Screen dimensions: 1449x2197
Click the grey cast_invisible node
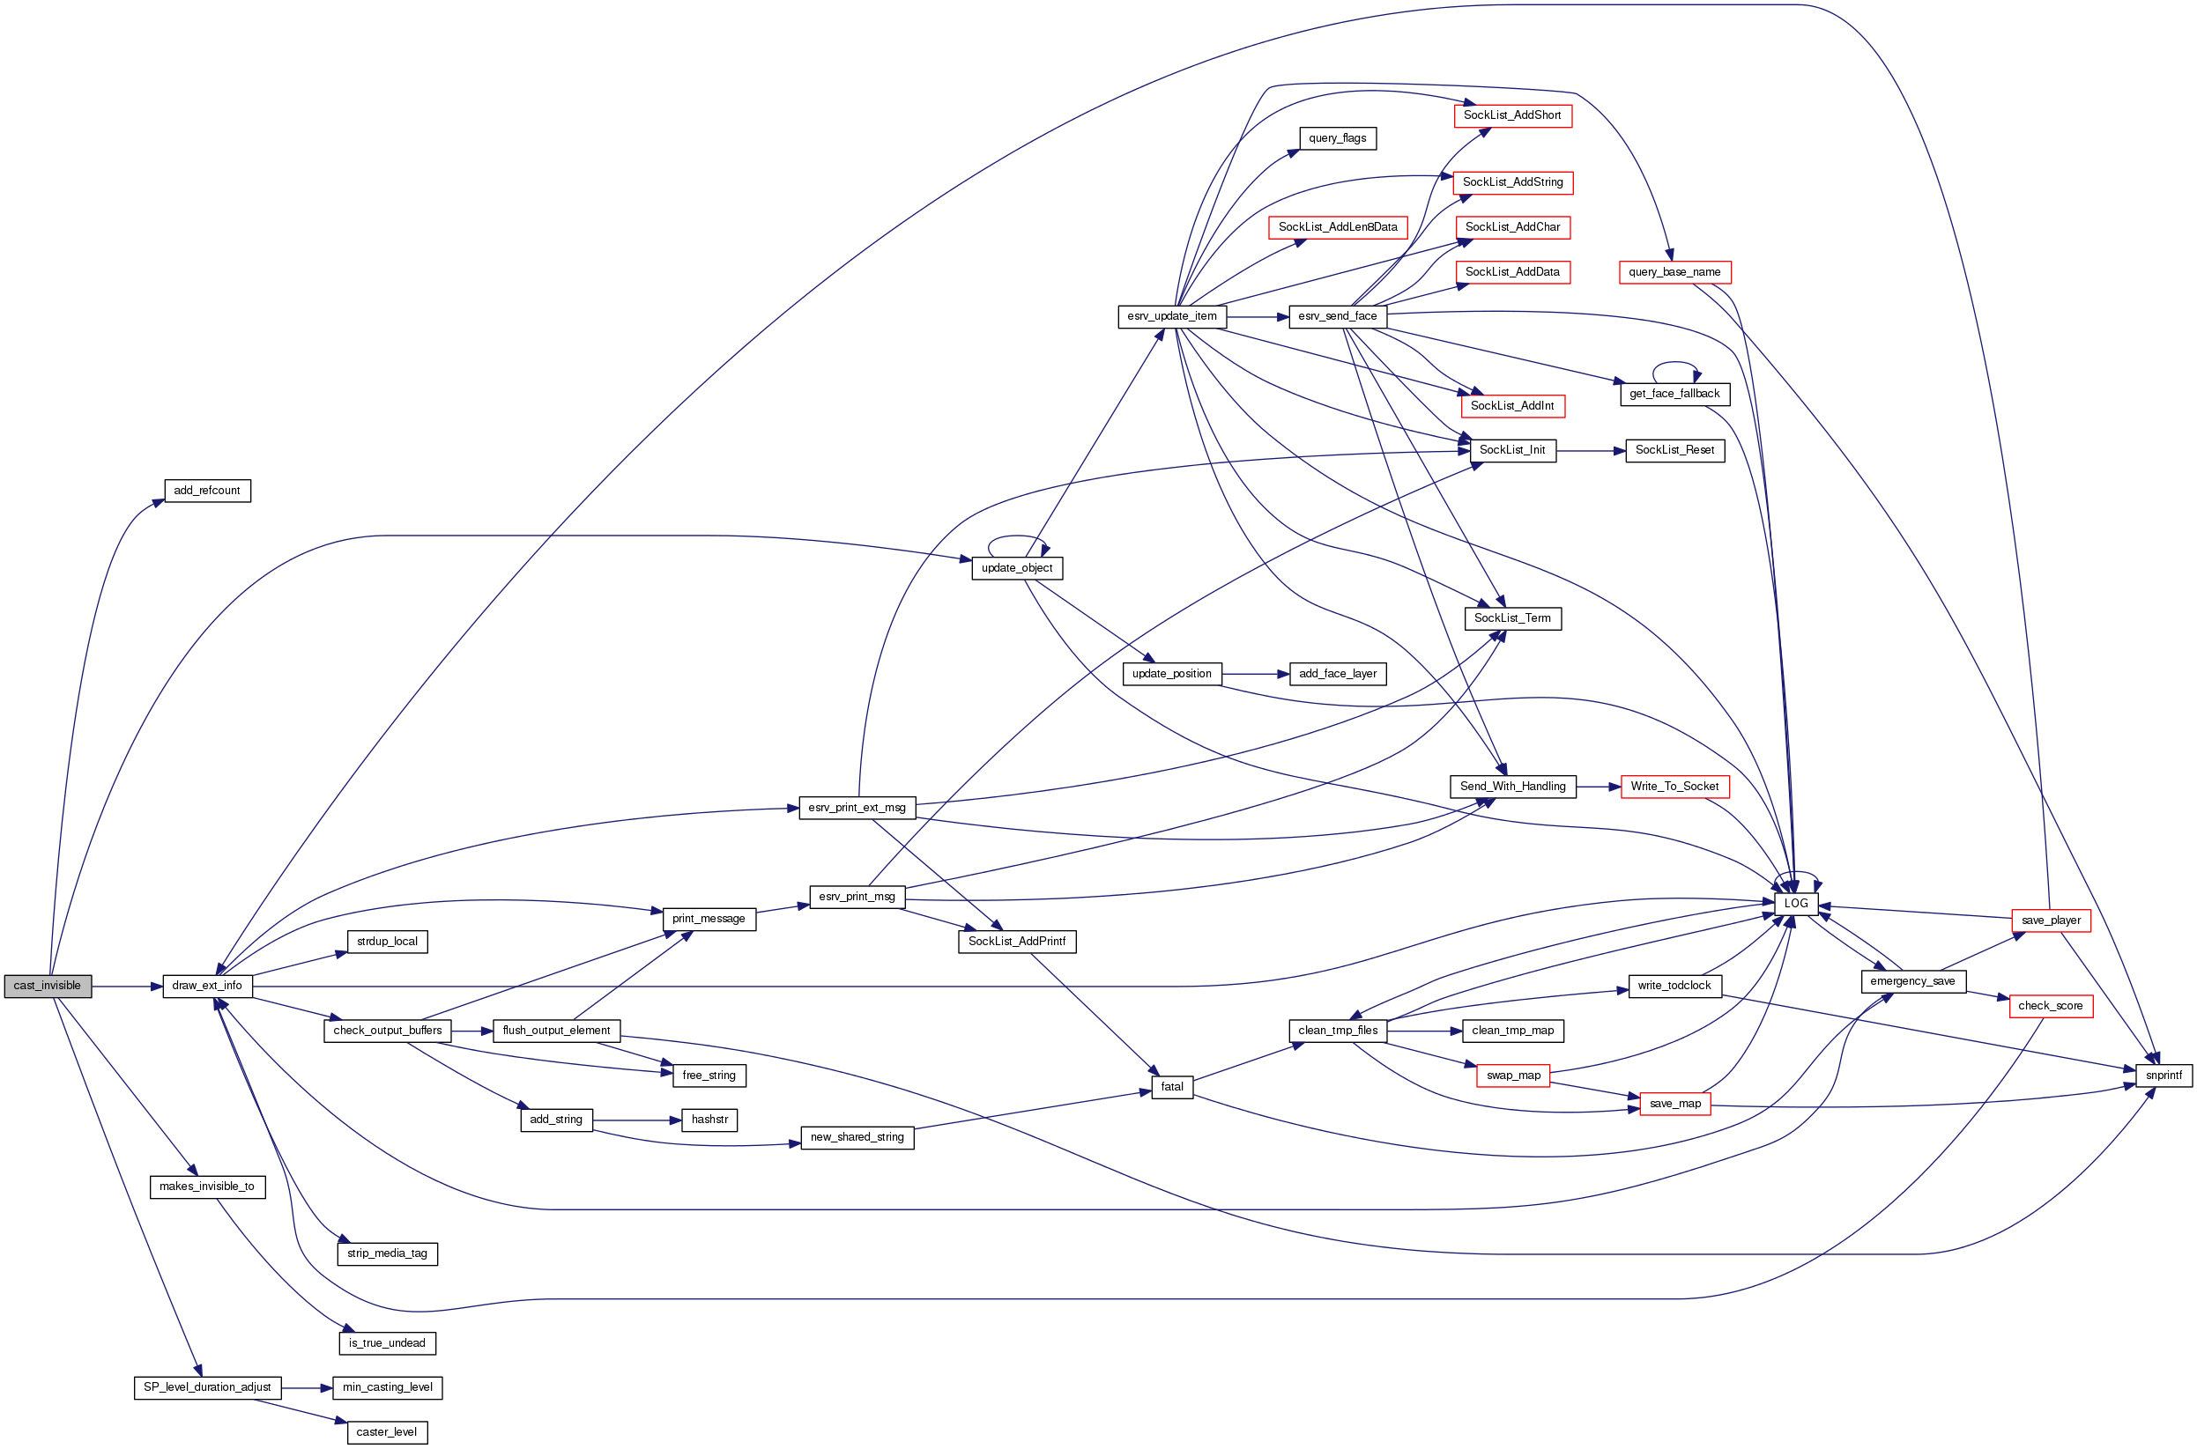pyautogui.click(x=47, y=986)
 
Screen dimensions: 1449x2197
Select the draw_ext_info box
pyautogui.click(x=207, y=986)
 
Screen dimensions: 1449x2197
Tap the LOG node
pyautogui.click(x=1795, y=904)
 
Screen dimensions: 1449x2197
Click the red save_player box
pyautogui.click(x=2050, y=920)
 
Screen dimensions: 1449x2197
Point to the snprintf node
pyautogui.click(x=2163, y=1076)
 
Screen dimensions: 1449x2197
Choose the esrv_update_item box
pyautogui.click(x=1171, y=316)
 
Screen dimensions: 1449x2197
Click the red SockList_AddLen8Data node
pyautogui.click(x=1337, y=227)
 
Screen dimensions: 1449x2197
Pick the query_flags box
pyautogui.click(x=1337, y=138)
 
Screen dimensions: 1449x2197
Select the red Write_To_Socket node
pyautogui.click(x=1674, y=787)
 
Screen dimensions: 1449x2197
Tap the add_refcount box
pyautogui.click(x=207, y=491)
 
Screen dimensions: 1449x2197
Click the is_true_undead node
pyautogui.click(x=386, y=1342)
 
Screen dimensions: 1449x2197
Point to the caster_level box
pyautogui.click(x=386, y=1432)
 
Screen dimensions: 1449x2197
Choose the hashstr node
pyautogui.click(x=709, y=1120)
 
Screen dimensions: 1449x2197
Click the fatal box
pyautogui.click(x=1171, y=1087)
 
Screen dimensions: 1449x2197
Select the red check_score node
pyautogui.click(x=2050, y=1005)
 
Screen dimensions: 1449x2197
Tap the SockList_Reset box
pyautogui.click(x=1674, y=450)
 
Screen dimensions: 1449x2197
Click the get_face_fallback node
pyautogui.click(x=1674, y=394)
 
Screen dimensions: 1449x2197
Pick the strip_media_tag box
pyautogui.click(x=386, y=1254)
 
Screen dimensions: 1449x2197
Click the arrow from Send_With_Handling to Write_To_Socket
pyautogui.click(x=1598, y=787)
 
